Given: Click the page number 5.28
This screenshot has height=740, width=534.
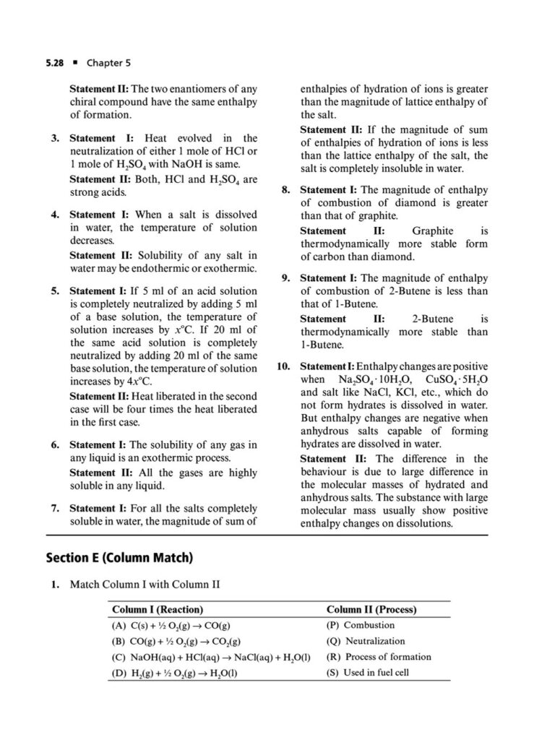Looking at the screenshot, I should coord(56,64).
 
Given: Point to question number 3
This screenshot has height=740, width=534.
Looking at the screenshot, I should coord(55,138).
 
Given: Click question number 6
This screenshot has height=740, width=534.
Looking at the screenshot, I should coord(55,445).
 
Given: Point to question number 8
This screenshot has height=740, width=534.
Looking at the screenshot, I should coord(285,190).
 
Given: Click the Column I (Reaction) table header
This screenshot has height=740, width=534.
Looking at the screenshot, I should coord(157,609).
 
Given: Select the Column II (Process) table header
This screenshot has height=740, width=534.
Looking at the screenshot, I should coord(371,609).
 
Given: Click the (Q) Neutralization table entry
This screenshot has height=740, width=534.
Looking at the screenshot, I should coord(366,641).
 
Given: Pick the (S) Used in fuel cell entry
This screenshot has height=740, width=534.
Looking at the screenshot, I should coord(369,673).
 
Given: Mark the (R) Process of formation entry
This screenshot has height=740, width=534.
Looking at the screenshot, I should coord(379,657).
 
